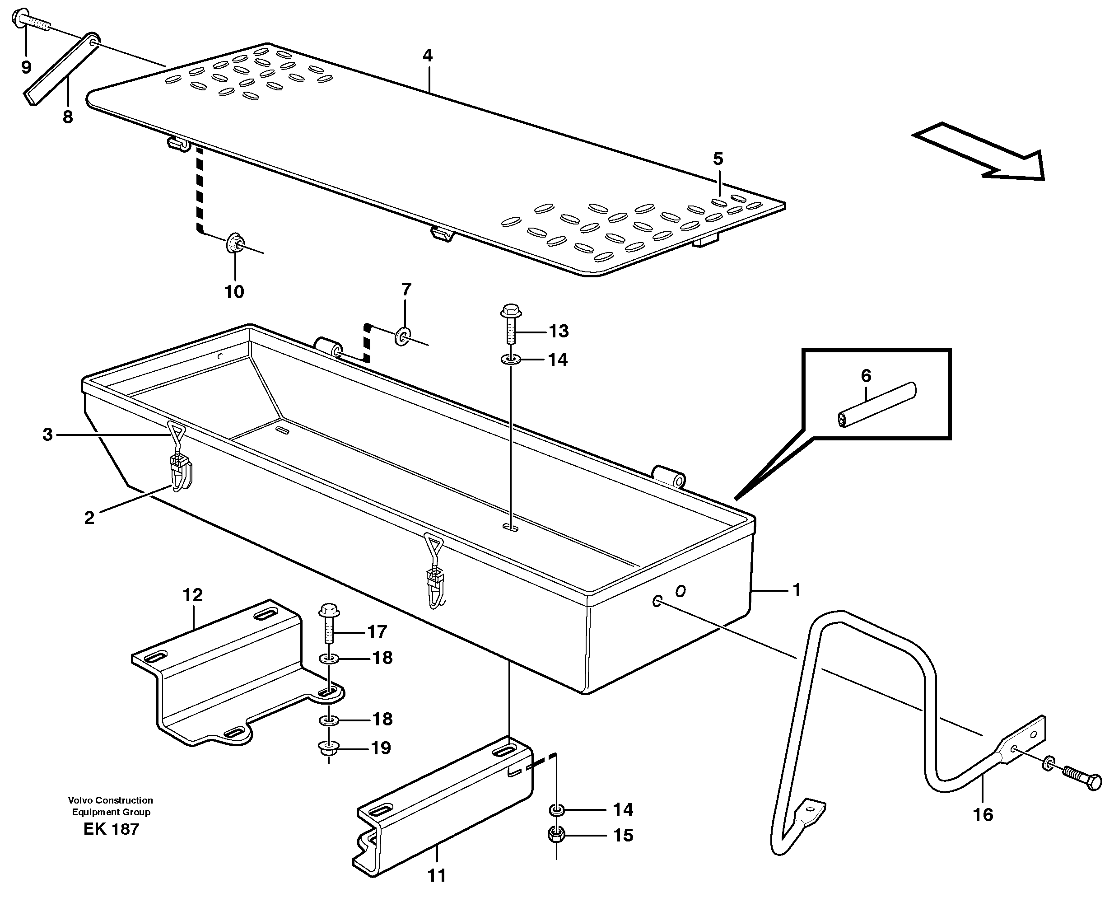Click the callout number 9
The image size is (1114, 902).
click(x=26, y=67)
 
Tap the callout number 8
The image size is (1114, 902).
click(x=68, y=117)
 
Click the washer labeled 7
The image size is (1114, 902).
click(x=403, y=336)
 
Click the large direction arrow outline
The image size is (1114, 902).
click(x=982, y=153)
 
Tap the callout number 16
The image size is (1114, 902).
click(x=983, y=814)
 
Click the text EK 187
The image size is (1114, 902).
click(x=111, y=829)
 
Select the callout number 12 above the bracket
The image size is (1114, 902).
click(x=193, y=595)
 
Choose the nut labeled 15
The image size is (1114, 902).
click(x=556, y=836)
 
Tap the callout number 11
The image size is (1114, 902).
click(x=437, y=875)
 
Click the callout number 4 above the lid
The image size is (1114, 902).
click(x=428, y=56)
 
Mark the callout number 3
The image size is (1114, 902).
click(x=48, y=435)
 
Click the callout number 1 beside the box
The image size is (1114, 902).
click(x=796, y=590)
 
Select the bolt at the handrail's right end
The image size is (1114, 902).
click(x=1081, y=782)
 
